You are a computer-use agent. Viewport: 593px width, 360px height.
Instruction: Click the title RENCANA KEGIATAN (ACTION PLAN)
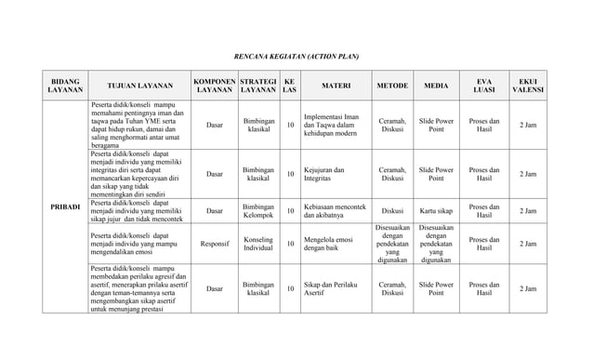click(x=296, y=57)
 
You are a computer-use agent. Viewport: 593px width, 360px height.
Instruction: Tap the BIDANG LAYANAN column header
click(x=65, y=86)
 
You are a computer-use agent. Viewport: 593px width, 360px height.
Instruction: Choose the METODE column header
click(x=391, y=86)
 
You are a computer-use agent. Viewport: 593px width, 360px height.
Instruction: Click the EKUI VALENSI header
click(x=527, y=86)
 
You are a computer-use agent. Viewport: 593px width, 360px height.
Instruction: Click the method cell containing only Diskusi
click(x=391, y=210)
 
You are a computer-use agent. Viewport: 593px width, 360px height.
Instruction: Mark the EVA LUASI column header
click(x=483, y=86)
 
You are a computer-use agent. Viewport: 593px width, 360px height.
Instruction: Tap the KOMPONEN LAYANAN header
click(x=214, y=86)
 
